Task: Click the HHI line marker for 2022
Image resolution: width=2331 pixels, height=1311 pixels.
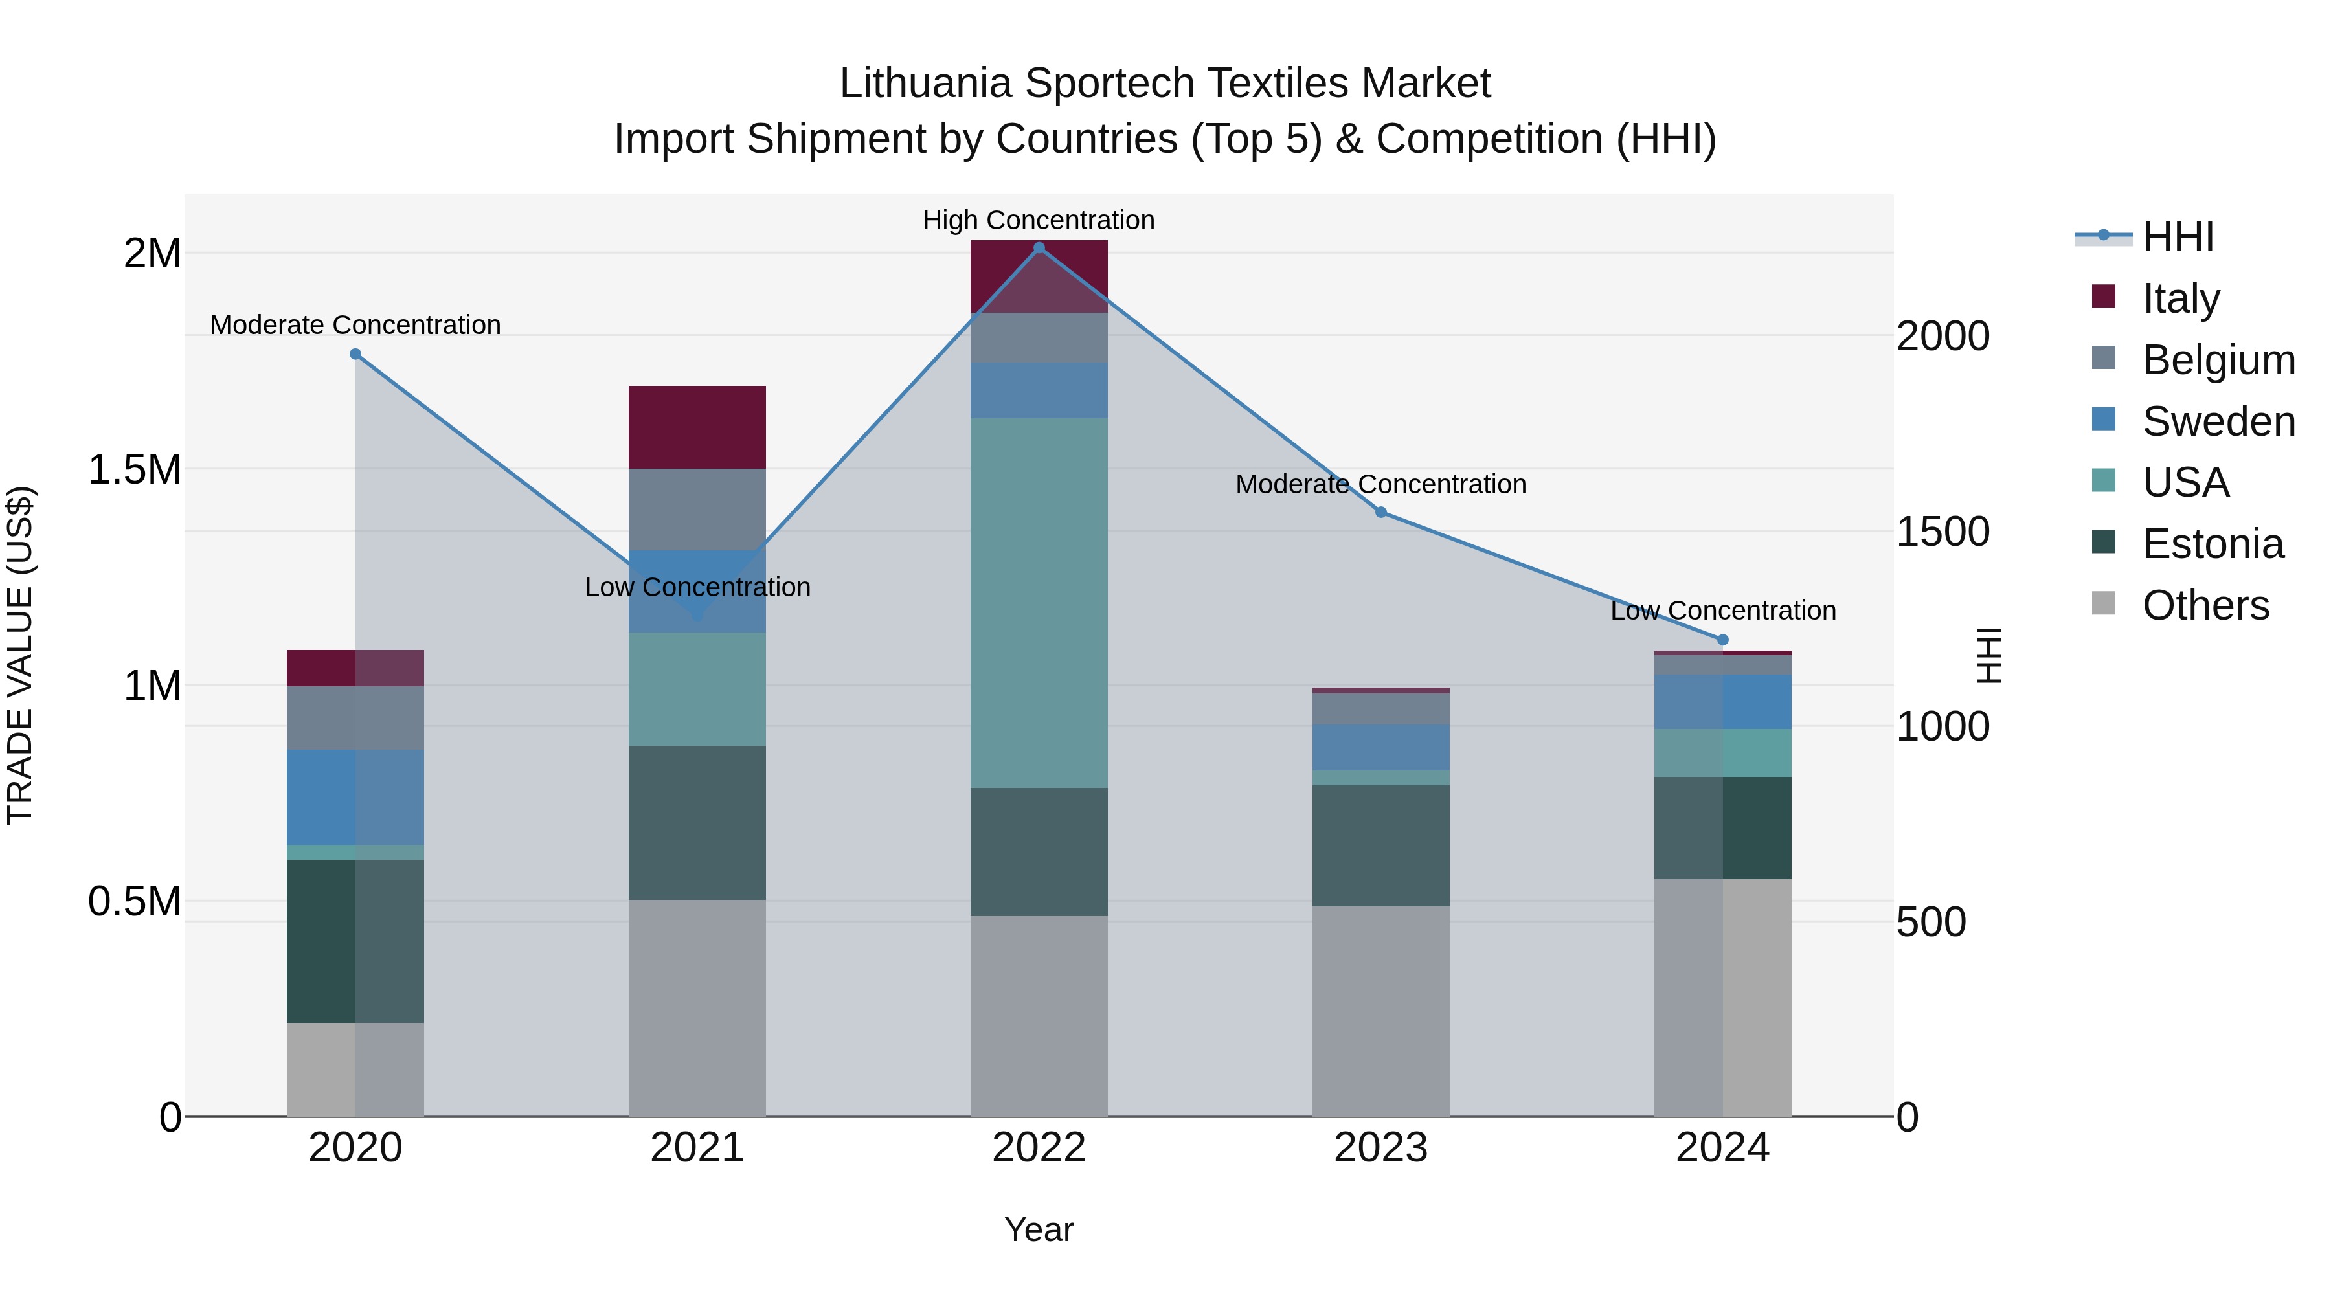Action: pyautogui.click(x=1039, y=247)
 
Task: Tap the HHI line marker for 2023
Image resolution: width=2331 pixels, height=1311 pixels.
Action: pyautogui.click(x=1381, y=512)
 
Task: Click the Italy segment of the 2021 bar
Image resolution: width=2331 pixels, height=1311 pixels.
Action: pyautogui.click(x=697, y=427)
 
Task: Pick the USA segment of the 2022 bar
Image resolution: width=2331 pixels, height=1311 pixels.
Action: pyautogui.click(x=1039, y=603)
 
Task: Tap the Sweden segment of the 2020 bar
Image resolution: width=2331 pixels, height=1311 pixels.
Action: pyautogui.click(x=355, y=796)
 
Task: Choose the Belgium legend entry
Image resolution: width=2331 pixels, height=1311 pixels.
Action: pyautogui.click(x=2217, y=359)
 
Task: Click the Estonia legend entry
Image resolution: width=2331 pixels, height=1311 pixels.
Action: pyautogui.click(x=2212, y=544)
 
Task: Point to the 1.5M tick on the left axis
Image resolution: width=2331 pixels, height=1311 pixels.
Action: pyautogui.click(x=135, y=469)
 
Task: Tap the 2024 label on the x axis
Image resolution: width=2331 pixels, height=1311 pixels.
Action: pyautogui.click(x=1722, y=1147)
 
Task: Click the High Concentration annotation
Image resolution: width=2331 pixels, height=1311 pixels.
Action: pyautogui.click(x=1038, y=220)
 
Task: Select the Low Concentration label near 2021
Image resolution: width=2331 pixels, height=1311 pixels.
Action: pyautogui.click(x=697, y=587)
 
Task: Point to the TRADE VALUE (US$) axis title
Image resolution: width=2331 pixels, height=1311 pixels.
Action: pyautogui.click(x=20, y=655)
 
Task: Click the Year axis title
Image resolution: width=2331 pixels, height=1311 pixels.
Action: pyautogui.click(x=1038, y=1229)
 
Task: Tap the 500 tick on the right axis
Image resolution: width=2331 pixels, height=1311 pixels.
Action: pyautogui.click(x=1930, y=922)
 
